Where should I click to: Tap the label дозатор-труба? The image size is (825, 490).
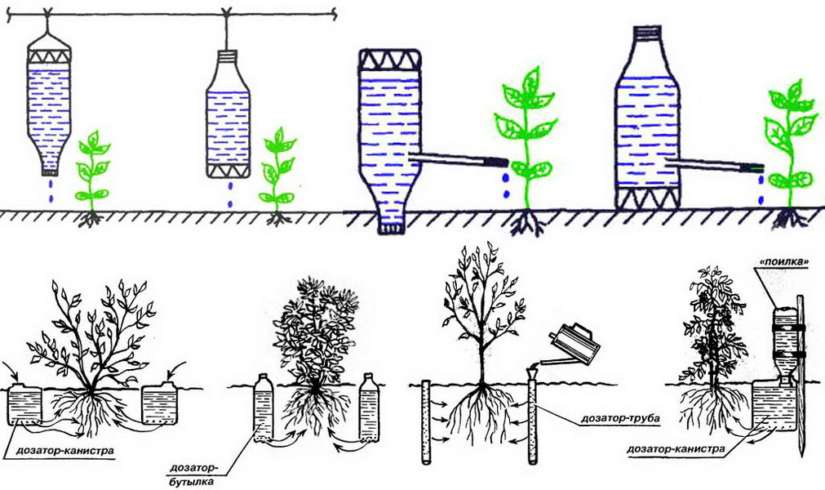(x=620, y=418)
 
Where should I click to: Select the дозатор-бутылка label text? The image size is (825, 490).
(x=193, y=474)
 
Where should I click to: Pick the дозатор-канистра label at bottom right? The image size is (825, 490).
(x=676, y=449)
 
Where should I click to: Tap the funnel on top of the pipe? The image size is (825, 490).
(x=533, y=372)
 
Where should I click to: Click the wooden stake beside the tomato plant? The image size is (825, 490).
(x=801, y=376)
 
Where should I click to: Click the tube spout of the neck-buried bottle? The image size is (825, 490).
(x=458, y=158)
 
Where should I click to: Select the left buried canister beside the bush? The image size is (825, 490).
(x=24, y=404)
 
